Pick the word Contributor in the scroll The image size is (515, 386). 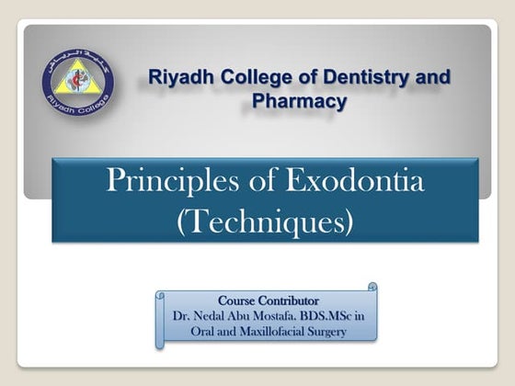click(x=288, y=301)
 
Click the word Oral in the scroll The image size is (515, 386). click(x=192, y=331)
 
